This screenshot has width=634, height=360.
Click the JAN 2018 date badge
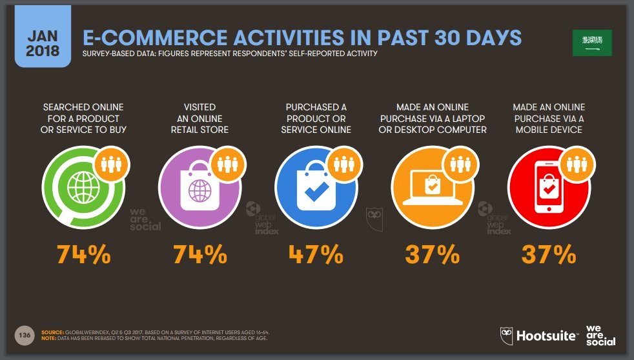tap(43, 36)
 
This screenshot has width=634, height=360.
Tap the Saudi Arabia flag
tap(592, 43)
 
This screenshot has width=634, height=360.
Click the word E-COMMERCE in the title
tap(155, 38)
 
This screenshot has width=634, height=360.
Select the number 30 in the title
tap(447, 38)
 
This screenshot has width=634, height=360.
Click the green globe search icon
tap(83, 188)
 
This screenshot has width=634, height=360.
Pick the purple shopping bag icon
tap(199, 188)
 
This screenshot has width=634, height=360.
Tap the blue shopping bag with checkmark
tap(316, 188)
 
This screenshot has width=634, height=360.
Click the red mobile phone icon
tap(549, 188)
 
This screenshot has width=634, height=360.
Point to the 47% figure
tap(316, 254)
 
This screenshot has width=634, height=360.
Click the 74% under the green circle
tap(84, 254)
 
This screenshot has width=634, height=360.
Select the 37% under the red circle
tap(549, 254)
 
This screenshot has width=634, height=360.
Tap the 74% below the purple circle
tap(200, 254)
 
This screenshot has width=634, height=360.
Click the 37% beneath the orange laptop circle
tap(433, 254)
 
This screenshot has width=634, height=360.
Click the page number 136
tap(25, 335)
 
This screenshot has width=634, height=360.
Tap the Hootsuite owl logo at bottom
tap(506, 335)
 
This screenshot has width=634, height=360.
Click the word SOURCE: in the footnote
tap(52, 332)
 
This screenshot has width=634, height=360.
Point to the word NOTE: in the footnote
tap(48, 338)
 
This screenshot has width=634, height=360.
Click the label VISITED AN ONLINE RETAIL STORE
tap(199, 118)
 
